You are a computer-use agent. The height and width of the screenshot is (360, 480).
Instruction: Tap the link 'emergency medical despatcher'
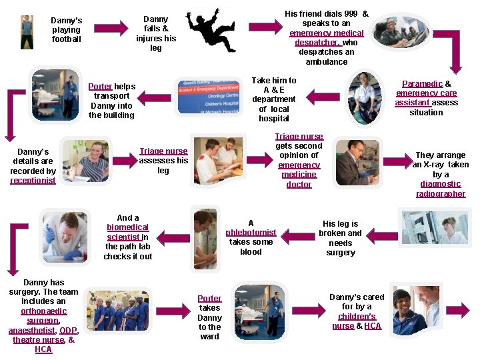tap(326, 37)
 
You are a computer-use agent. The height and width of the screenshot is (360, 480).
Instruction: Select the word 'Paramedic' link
tap(422, 84)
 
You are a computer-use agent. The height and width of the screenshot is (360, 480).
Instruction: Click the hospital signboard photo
tap(207, 97)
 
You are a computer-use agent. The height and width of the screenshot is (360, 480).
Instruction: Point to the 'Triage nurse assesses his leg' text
tap(163, 161)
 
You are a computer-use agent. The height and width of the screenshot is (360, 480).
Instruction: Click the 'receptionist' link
tap(33, 181)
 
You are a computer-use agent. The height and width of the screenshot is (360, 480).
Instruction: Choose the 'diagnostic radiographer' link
tap(440, 189)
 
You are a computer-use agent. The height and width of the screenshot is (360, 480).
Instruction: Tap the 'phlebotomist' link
tap(251, 233)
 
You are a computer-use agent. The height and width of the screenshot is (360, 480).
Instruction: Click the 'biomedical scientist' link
tap(127, 232)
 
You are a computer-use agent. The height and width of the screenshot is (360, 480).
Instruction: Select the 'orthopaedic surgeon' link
tap(43, 316)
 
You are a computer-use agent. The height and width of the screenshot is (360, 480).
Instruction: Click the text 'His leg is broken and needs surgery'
tap(340, 238)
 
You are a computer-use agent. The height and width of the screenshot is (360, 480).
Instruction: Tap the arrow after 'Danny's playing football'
tap(113, 28)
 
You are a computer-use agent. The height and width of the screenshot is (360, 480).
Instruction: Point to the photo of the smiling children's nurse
tap(410, 311)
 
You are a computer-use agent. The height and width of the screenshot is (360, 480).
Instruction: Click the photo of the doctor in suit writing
tap(357, 162)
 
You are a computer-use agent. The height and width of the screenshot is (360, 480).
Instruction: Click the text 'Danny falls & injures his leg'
tap(156, 33)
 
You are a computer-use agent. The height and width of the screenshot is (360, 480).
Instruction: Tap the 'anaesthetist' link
tap(31, 331)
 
